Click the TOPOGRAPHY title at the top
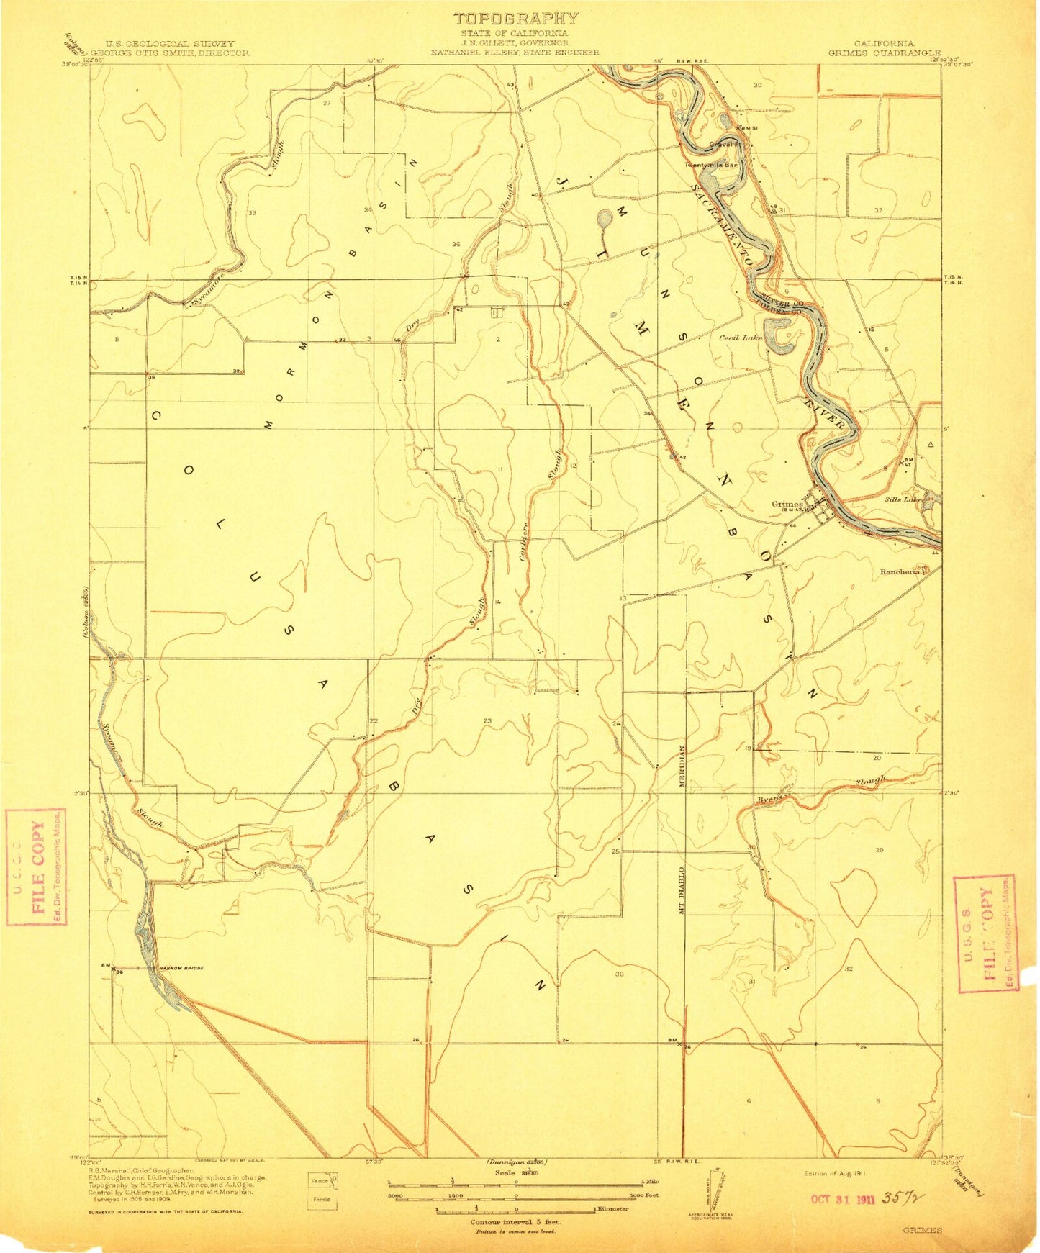click(516, 19)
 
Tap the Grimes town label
click(786, 505)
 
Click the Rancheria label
click(900, 571)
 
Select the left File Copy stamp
click(36, 867)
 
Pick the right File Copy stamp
click(984, 933)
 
